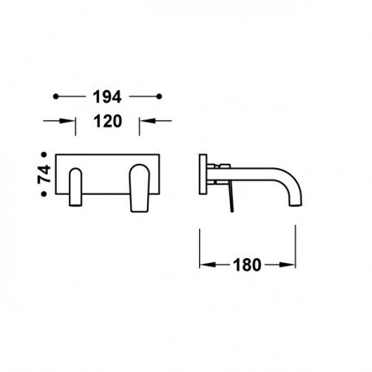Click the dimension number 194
click(107, 97)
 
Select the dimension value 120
click(108, 121)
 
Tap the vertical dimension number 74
click(44, 174)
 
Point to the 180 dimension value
click(247, 265)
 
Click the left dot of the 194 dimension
click(56, 97)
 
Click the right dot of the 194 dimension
click(159, 97)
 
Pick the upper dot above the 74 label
click(44, 154)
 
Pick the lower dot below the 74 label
click(44, 194)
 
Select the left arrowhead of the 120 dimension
click(67, 121)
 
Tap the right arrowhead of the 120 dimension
click(147, 121)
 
